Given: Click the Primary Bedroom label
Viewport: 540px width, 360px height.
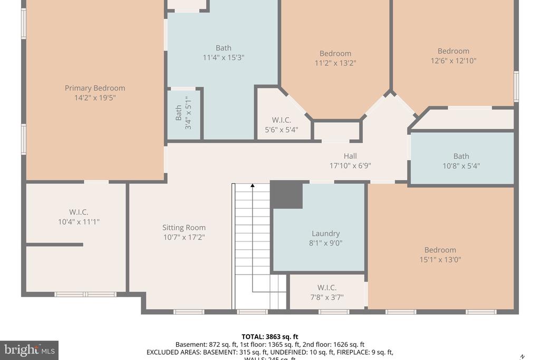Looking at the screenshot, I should (95, 88).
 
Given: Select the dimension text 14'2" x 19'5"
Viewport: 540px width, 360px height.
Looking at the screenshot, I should (95, 98).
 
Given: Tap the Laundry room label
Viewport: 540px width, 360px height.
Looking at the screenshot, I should (325, 233).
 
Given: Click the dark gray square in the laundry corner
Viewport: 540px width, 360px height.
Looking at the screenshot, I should (286, 195).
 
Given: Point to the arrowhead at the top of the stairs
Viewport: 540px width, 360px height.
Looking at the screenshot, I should (253, 186).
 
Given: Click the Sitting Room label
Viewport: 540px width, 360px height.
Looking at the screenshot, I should (184, 228).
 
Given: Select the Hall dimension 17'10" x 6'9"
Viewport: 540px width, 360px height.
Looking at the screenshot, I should (350, 166).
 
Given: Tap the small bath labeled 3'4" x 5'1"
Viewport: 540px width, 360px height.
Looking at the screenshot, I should (184, 113).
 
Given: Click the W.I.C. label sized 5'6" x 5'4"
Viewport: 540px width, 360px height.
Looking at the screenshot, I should (281, 120).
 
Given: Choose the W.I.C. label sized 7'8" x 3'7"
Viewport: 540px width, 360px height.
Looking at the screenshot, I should (327, 287).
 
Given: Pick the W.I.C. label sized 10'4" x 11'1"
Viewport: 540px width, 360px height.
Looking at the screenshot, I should (79, 212).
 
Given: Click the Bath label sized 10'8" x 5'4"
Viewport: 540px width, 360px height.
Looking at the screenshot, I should (461, 156).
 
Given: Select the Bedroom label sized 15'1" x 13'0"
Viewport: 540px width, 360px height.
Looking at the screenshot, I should (440, 250).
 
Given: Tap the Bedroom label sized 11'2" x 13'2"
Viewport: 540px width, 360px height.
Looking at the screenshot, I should (335, 53).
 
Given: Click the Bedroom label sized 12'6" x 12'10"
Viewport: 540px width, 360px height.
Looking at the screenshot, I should (453, 51).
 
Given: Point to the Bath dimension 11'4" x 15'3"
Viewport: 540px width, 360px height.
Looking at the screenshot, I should (223, 57).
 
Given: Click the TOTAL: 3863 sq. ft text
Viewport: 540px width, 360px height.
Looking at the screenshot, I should (269, 336).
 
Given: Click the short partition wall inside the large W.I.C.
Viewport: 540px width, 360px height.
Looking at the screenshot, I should (55, 245).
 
